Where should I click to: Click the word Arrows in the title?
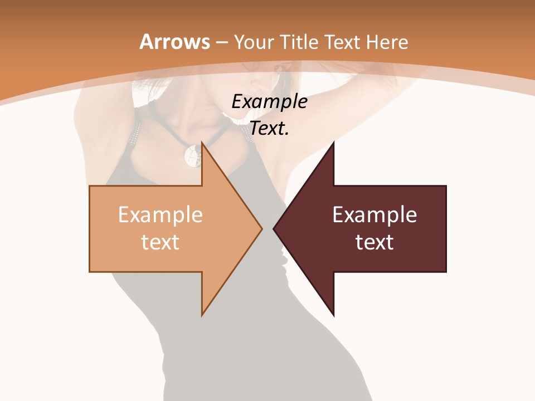pos(174,42)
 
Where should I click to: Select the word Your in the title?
pos(253,42)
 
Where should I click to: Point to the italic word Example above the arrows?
pos(270,101)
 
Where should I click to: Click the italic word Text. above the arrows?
pos(270,128)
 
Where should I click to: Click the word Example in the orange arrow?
pos(160,214)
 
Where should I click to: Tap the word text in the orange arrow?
pos(160,242)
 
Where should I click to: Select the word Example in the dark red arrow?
pos(374,214)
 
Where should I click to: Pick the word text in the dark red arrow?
pos(374,242)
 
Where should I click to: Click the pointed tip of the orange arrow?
pos(261,228)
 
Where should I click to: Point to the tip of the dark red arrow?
pos(274,228)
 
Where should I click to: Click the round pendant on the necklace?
pos(193,155)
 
